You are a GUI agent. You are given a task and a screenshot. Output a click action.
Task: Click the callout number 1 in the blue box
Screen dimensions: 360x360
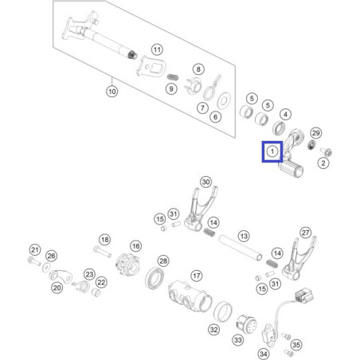point(272,151)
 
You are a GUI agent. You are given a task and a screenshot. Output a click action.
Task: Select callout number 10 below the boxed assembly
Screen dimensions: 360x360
point(112,92)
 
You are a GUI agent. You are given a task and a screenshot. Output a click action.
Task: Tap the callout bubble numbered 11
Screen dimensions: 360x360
point(157,49)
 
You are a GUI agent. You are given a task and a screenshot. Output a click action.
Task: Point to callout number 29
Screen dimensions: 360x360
point(315,133)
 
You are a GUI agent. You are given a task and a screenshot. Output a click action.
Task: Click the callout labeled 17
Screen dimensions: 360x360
point(197,276)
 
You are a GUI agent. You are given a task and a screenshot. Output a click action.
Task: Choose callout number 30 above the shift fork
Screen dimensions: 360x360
point(206,182)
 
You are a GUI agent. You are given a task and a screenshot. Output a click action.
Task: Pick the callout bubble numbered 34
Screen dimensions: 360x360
point(263,354)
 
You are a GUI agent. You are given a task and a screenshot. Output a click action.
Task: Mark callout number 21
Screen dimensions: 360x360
point(35,250)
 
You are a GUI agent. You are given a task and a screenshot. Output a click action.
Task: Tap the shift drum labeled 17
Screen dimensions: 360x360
point(190,295)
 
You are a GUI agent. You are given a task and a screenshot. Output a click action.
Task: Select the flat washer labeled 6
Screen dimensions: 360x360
point(224,100)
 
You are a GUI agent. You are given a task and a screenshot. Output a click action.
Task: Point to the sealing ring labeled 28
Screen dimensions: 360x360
point(155,278)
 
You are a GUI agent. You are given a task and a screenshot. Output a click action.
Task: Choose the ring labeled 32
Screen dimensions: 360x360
point(223,311)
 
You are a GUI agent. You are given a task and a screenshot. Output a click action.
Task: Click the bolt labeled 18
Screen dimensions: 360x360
point(102,252)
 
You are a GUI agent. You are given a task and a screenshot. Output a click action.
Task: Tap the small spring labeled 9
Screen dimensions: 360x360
point(173,77)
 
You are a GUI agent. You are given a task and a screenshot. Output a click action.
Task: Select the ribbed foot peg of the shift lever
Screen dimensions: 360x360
point(292,169)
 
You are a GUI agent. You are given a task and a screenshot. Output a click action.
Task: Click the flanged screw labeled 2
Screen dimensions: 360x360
point(327,152)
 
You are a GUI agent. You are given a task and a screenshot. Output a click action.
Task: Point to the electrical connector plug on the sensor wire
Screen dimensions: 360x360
point(304,295)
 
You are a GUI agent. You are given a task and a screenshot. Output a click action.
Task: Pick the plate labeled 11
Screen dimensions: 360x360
point(151,66)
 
